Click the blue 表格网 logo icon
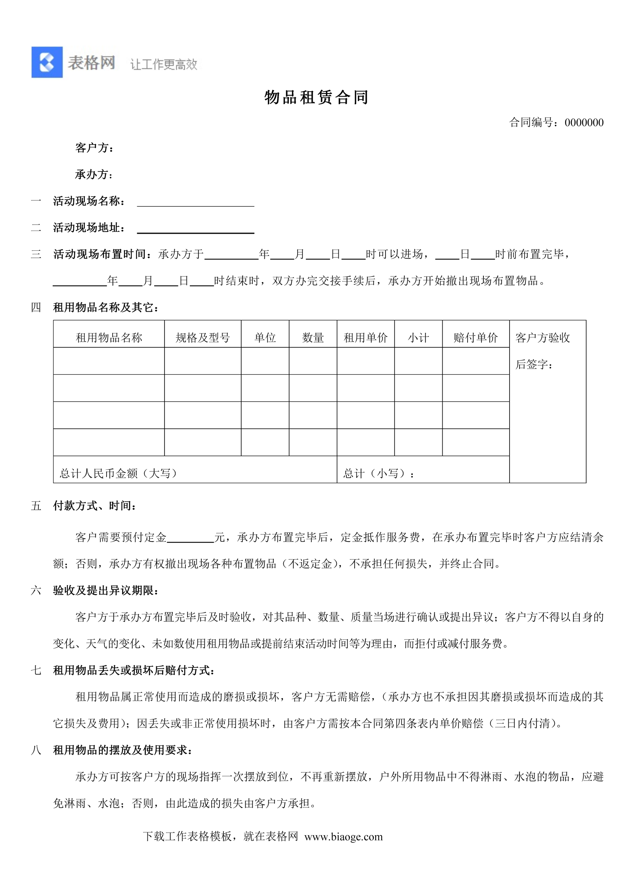click(47, 62)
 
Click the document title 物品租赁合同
click(316, 97)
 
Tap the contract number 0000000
click(584, 123)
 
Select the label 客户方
click(94, 148)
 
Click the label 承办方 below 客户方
click(94, 175)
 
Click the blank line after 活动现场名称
click(195, 202)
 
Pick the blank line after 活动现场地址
click(195, 229)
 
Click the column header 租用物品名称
click(109, 337)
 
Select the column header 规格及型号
click(202, 337)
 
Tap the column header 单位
click(265, 337)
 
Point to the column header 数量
click(313, 337)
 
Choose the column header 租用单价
click(365, 337)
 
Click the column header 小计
click(418, 337)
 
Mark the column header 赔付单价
click(475, 337)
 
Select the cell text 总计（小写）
click(378, 473)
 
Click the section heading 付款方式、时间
click(95, 506)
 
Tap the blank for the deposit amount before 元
click(190, 537)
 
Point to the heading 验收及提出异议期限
click(106, 591)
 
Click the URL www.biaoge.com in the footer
click(343, 837)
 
